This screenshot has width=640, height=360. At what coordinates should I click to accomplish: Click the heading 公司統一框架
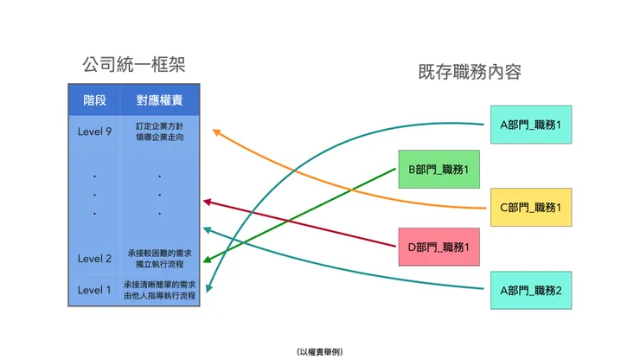pyautogui.click(x=134, y=65)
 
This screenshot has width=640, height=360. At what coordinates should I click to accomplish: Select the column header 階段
pyautogui.click(x=95, y=100)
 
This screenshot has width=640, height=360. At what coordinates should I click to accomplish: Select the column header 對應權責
pyautogui.click(x=159, y=100)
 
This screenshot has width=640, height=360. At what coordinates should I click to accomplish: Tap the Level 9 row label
pyautogui.click(x=95, y=131)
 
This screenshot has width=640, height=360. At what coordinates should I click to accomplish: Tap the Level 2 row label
pyautogui.click(x=95, y=258)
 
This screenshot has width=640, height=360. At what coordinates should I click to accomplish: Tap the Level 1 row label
pyautogui.click(x=95, y=290)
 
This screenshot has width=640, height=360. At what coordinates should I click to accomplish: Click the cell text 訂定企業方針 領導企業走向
pyautogui.click(x=160, y=131)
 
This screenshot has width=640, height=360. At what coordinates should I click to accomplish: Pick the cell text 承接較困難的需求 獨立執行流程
pyautogui.click(x=160, y=258)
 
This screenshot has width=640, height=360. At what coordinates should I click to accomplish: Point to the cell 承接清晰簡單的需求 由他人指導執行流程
pyautogui.click(x=160, y=290)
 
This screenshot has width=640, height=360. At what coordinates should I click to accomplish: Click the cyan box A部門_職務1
pyautogui.click(x=530, y=125)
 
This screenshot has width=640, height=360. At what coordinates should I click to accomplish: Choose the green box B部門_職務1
pyautogui.click(x=438, y=169)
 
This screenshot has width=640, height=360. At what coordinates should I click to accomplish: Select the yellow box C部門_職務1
pyautogui.click(x=530, y=207)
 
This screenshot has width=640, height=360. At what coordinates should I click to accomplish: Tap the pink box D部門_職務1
pyautogui.click(x=438, y=247)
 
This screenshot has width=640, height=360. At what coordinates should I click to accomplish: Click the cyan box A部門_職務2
pyautogui.click(x=530, y=289)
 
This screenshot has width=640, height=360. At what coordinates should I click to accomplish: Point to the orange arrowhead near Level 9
pyautogui.click(x=216, y=132)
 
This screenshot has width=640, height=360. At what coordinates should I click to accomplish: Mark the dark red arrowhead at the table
pyautogui.click(x=208, y=202)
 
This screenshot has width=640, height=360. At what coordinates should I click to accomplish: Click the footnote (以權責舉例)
pyautogui.click(x=319, y=351)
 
